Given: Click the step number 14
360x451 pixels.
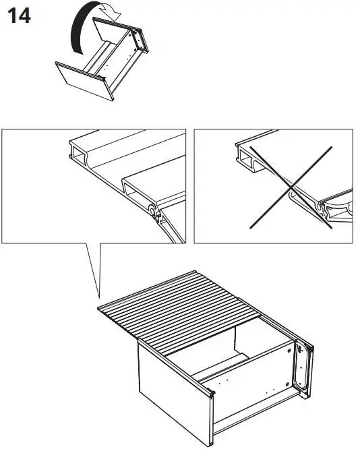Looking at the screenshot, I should (x=19, y=17).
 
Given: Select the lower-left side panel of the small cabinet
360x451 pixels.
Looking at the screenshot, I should (x=83, y=78).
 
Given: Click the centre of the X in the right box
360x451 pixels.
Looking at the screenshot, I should (x=292, y=187).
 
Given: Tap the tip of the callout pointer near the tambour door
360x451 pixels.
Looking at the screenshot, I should (x=99, y=299).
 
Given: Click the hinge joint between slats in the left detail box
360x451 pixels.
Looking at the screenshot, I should (x=155, y=215).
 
